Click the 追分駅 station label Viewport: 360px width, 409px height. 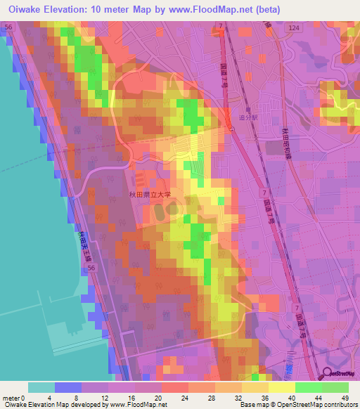tap(250, 118)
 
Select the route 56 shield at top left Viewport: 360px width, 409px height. tap(8, 26)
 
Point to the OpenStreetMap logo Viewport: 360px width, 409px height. tap(340, 373)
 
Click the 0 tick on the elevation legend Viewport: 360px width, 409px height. tap(27, 397)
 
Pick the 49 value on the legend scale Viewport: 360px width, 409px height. tap(345, 397)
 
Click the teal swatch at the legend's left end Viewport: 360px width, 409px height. tap(41, 387)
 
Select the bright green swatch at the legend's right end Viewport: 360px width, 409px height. tap(335, 387)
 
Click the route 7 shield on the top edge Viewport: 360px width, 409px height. tap(220, 26)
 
